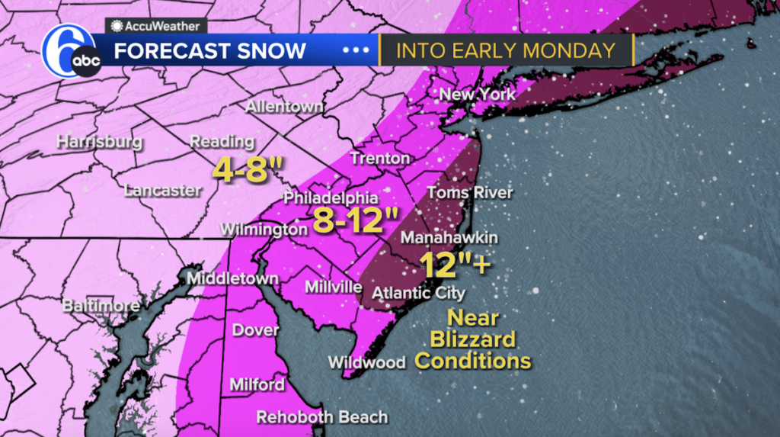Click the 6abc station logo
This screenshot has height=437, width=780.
(x=72, y=51)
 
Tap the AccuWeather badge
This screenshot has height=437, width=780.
(x=155, y=26)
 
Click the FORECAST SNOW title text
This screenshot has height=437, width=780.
(x=209, y=51)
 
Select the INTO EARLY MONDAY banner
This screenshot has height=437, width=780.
(x=507, y=51)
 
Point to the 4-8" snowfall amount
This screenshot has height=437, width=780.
(x=241, y=169)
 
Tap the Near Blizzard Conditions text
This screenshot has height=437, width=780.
(x=472, y=339)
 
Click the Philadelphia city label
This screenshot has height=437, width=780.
(x=331, y=198)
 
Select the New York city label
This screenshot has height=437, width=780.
(x=478, y=95)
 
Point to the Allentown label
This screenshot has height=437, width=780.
(x=284, y=107)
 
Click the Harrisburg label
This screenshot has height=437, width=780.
(x=100, y=142)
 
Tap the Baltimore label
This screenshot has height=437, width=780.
(x=101, y=306)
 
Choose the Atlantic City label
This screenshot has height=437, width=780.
(x=418, y=293)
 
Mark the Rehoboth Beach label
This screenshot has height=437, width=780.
(x=322, y=417)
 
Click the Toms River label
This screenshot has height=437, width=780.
(x=469, y=193)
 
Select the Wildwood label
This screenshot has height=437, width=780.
(x=366, y=362)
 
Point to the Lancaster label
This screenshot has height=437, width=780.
(x=162, y=191)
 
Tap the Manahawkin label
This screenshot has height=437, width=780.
(x=449, y=238)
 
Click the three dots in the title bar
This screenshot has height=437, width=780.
(x=355, y=51)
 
